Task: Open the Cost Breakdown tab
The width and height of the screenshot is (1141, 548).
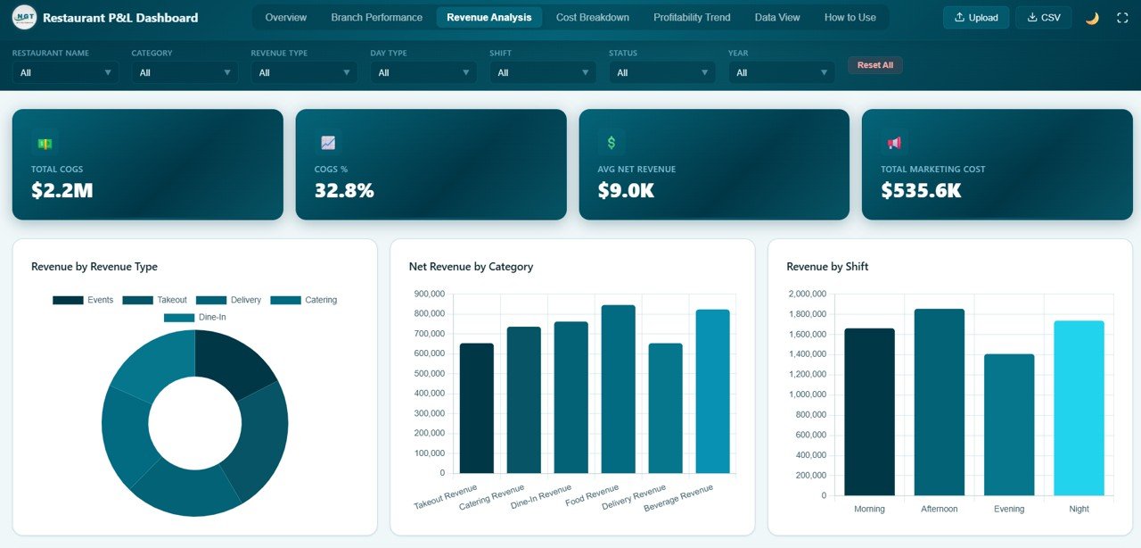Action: (592, 17)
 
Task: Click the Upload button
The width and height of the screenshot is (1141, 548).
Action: (976, 17)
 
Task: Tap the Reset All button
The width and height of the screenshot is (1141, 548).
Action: (874, 65)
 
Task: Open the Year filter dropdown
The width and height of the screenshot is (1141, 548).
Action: (781, 72)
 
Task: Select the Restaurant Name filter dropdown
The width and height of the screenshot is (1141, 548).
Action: (65, 72)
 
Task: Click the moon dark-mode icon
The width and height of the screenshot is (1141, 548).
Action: (1092, 18)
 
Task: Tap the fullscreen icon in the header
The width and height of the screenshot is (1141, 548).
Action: (1122, 18)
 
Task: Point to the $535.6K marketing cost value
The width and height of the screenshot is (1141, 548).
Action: (921, 190)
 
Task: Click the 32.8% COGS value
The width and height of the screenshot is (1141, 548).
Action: (344, 190)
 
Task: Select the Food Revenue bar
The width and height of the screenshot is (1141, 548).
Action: (619, 389)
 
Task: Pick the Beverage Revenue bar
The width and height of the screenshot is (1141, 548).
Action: (712, 391)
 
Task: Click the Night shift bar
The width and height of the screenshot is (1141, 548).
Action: (1079, 408)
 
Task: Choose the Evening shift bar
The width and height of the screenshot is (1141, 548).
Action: (1009, 425)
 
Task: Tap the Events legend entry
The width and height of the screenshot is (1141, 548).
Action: (84, 300)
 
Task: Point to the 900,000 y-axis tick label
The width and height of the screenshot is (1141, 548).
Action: (430, 294)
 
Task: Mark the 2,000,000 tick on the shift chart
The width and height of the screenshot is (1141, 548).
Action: (808, 294)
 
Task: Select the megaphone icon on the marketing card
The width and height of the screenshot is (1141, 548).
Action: (894, 143)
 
